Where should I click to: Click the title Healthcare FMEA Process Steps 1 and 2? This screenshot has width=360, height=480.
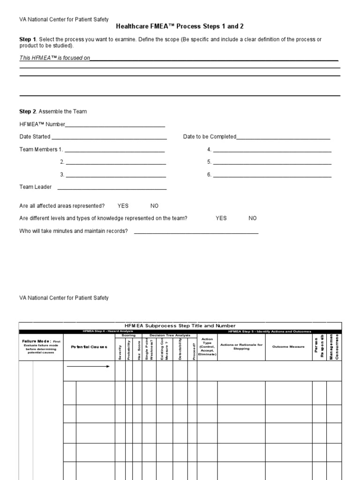pos(180,26)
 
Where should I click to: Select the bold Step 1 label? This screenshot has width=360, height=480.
pos(27,39)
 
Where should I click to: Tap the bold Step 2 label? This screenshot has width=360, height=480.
pos(27,112)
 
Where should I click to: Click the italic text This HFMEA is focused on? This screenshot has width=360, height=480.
pos(54,58)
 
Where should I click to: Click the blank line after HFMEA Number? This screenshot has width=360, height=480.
pos(115,125)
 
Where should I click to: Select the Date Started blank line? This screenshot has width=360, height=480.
pos(109,137)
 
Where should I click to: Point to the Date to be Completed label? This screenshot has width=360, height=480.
pos(210,137)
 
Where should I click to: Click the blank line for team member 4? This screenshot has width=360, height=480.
pos(272,150)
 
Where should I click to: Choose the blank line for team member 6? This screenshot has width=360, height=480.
pos(272,175)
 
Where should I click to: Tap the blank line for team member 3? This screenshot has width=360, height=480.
pos(116,175)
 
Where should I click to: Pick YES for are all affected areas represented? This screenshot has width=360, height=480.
pos(123,206)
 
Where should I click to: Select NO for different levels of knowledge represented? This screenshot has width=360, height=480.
pos(253,218)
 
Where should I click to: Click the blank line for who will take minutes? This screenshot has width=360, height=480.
pos(196,232)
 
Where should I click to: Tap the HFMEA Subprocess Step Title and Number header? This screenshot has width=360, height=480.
pos(180,325)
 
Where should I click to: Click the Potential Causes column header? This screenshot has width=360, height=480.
pos(89,347)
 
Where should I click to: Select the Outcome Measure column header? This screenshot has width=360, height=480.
pos(289,347)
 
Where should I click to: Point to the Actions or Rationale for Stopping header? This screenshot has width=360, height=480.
pos(241,347)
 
